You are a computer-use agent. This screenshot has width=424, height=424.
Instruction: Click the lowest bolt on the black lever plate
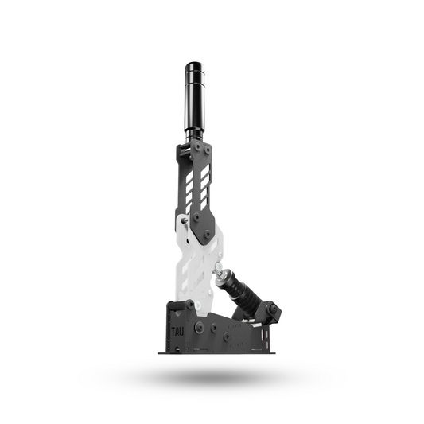[x=208, y=235]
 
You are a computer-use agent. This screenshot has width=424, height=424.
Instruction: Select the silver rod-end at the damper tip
[x=218, y=272]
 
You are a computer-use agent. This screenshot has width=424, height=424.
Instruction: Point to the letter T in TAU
[x=173, y=327]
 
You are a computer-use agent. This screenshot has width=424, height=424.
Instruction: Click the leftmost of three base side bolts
[x=199, y=327]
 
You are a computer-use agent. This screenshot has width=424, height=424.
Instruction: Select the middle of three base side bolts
[x=227, y=336]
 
